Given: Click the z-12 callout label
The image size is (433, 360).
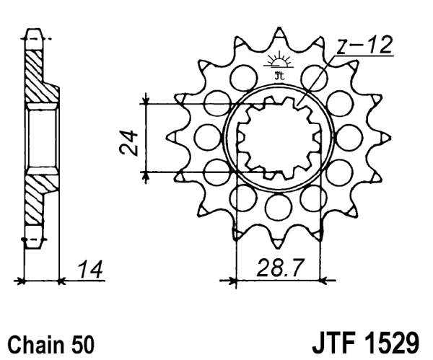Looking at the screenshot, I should coord(364,46).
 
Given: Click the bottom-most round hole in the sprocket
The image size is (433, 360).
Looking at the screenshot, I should coord(277,207).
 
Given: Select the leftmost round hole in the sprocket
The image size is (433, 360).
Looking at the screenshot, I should coord(206,135).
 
